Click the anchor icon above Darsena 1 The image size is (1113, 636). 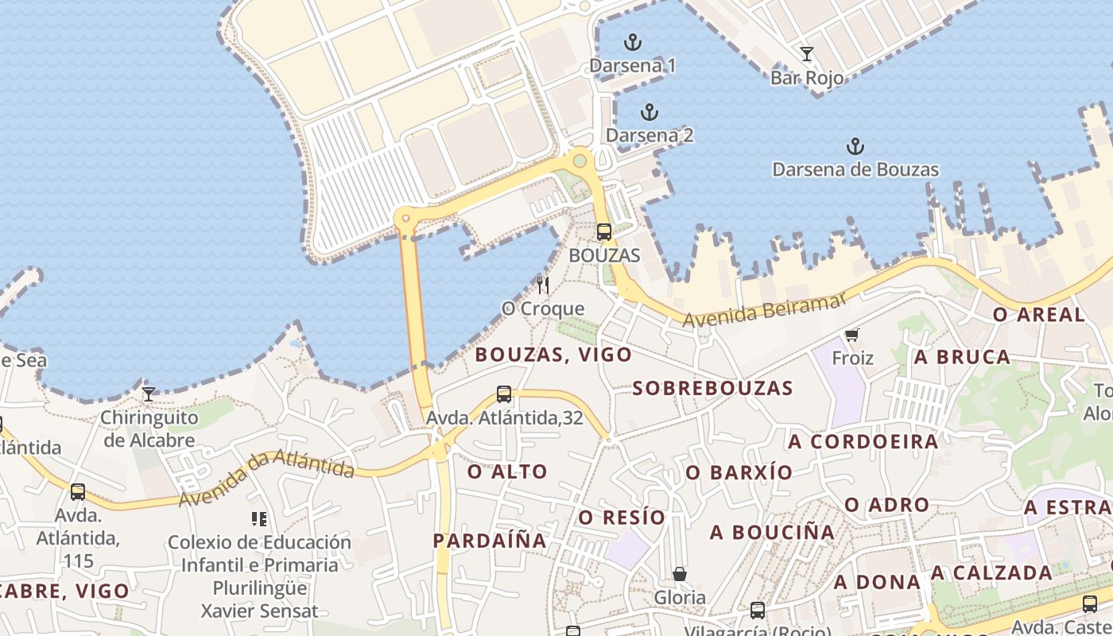(633, 42)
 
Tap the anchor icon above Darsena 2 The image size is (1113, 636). (650, 112)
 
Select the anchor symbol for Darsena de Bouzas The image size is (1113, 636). (855, 146)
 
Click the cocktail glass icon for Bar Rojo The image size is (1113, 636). (807, 54)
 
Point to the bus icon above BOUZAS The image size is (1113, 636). (604, 232)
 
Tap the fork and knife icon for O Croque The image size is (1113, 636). (543, 285)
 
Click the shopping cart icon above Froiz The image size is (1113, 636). (852, 335)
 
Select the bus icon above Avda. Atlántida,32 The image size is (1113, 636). (504, 394)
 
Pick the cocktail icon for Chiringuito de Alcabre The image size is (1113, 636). (149, 394)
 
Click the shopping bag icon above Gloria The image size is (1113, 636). (680, 573)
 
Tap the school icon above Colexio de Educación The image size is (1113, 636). (258, 519)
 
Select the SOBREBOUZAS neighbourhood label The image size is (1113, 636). (712, 388)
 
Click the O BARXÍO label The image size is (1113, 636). (739, 472)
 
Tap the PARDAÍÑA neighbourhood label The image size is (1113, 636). (490, 541)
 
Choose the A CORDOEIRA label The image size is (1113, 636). (863, 441)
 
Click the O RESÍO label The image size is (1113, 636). (621, 518)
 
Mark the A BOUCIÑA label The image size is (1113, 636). (772, 532)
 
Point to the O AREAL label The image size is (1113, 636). (1038, 315)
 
